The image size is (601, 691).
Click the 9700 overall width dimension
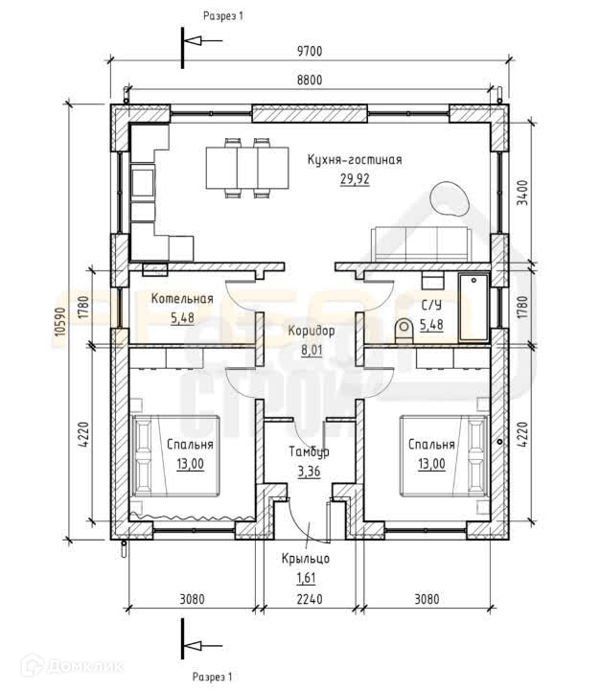pyautogui.click(x=310, y=51)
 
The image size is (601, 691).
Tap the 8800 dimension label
pyautogui.click(x=310, y=81)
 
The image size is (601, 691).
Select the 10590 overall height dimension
pyautogui.click(x=60, y=321)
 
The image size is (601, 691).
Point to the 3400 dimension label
pyautogui.click(x=522, y=193)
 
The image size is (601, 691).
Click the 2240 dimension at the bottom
pyautogui.click(x=310, y=599)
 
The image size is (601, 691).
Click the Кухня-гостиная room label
pyautogui.click(x=355, y=159)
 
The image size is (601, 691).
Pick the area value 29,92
pyautogui.click(x=355, y=179)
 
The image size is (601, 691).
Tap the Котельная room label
pyautogui.click(x=182, y=298)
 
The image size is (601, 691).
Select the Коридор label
pyautogui.click(x=312, y=331)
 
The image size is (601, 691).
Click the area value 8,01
pyautogui.click(x=312, y=351)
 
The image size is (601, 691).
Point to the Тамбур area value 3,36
pyautogui.click(x=309, y=472)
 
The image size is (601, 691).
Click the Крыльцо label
pyautogui.click(x=306, y=559)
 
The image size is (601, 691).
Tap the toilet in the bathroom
pyautogui.click(x=404, y=331)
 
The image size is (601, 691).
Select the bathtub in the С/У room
pyautogui.click(x=474, y=307)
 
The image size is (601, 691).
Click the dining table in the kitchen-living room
pyautogui.click(x=247, y=168)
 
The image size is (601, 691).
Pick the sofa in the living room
pyautogui.click(x=422, y=244)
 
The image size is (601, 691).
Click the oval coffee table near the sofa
pyautogui.click(x=449, y=198)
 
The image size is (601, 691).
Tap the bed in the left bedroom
pyautogui.click(x=175, y=456)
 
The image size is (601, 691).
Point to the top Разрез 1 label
pyautogui.click(x=223, y=16)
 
